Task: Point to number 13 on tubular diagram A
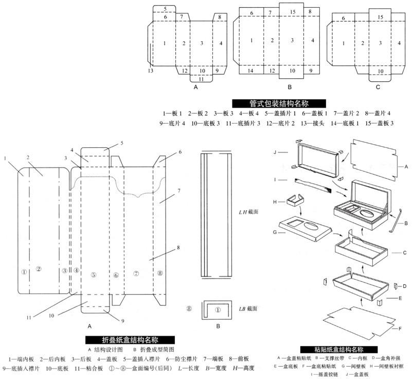tap(151, 70)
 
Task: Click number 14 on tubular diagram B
tap(251, 70)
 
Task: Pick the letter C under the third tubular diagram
tap(378, 88)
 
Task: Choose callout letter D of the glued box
tap(405, 286)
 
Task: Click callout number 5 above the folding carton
tap(122, 143)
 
